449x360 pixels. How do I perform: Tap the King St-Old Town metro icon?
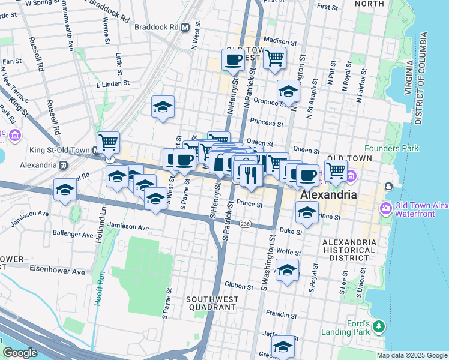coord(96,150)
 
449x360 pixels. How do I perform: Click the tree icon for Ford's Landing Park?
coord(378,326)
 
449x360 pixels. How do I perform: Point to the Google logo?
coord(20,353)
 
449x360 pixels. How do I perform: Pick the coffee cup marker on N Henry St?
coord(232,59)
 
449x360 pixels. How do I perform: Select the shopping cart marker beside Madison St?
coord(274,59)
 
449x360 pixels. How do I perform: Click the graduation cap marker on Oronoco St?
coord(288,92)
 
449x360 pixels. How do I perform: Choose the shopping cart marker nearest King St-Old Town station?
coord(108,143)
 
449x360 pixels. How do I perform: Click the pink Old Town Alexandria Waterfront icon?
coord(385,208)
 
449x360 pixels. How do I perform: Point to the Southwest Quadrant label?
coord(212,302)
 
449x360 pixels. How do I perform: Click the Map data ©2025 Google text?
coord(411,355)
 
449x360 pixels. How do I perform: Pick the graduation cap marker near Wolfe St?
coord(288,269)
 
